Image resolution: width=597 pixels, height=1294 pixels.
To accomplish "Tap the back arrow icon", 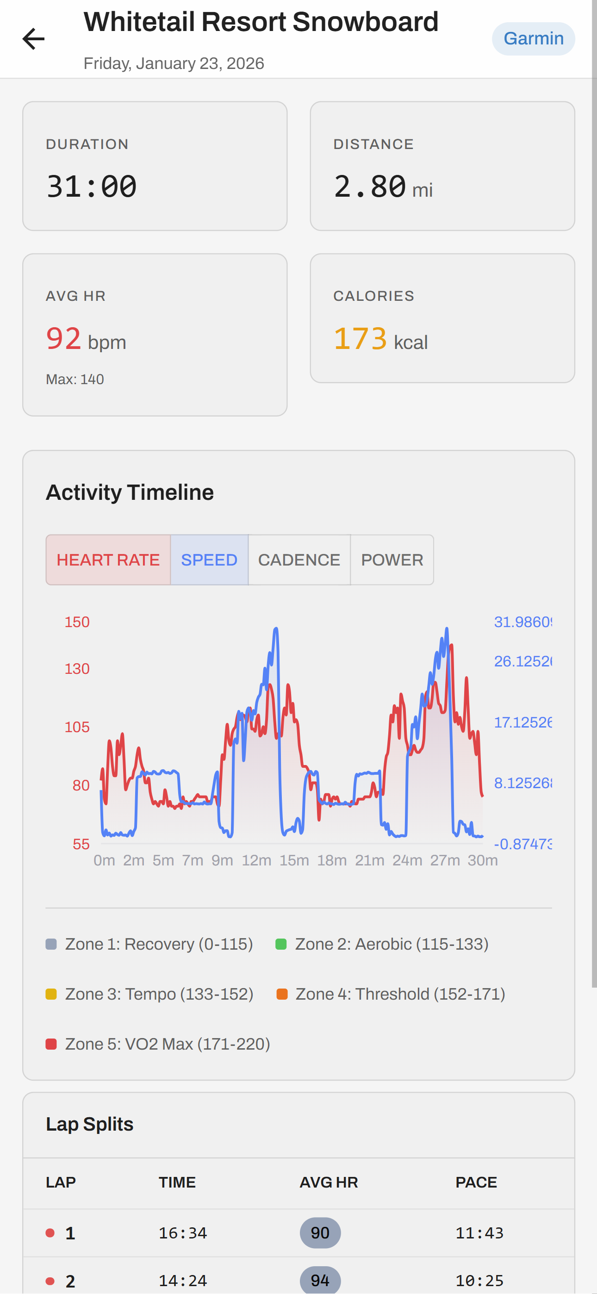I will pos(34,39).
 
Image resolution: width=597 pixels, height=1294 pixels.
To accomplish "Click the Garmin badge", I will pos(533,39).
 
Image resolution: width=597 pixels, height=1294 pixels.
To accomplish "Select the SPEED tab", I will pos(209,560).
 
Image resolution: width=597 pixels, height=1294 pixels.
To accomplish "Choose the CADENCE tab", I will pos(299,560).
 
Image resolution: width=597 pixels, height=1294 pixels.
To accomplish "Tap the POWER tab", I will pos(392,560).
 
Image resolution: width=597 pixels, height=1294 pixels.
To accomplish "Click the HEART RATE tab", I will pos(108,560).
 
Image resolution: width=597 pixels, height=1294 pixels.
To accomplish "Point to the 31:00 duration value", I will pos(92,187).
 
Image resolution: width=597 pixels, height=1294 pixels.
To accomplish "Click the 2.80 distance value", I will pos(370,187).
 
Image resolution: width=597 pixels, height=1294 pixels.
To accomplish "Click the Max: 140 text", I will pos(75,379).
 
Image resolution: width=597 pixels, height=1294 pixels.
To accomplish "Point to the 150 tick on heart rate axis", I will pos(77,622).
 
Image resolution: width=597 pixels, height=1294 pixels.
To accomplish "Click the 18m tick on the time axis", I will pos(332,860).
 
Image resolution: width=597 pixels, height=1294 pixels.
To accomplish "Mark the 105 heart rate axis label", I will pos(77,727).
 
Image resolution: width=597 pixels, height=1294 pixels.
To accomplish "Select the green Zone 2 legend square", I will pos(281,945).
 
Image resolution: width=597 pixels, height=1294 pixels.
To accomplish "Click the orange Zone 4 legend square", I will pos(282,994).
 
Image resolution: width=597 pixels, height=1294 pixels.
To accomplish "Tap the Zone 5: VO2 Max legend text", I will pos(168,1044).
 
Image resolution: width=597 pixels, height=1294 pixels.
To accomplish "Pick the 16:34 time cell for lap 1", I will pos(183,1233).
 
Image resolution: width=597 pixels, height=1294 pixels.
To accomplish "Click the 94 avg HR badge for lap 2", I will pos(320,1280).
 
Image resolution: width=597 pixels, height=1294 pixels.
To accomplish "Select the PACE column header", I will pos(476,1182).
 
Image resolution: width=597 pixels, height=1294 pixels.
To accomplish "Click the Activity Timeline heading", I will pos(130,492).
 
